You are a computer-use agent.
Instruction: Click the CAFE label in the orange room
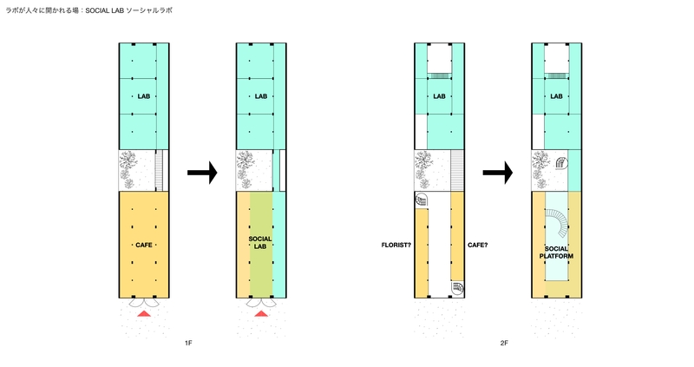pyautogui.click(x=144, y=245)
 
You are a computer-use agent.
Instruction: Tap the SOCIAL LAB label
pyautogui.click(x=260, y=242)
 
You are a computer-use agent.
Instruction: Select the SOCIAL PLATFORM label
pyautogui.click(x=556, y=252)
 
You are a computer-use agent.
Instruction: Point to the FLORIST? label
pyautogui.click(x=396, y=245)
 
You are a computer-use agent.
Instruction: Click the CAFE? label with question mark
pyautogui.click(x=478, y=245)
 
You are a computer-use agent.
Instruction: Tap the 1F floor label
pyautogui.click(x=188, y=343)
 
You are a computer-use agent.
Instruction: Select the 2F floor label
pyautogui.click(x=504, y=343)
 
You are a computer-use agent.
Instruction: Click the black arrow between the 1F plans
pyautogui.click(x=202, y=172)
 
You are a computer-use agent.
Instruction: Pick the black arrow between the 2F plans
pyautogui.click(x=497, y=172)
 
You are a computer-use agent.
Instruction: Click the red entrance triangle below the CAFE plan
pyautogui.click(x=144, y=314)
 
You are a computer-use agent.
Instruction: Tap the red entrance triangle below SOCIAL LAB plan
pyautogui.click(x=261, y=314)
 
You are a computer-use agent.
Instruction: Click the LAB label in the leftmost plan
pyautogui.click(x=144, y=96)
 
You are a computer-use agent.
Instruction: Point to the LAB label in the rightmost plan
pyautogui.click(x=556, y=96)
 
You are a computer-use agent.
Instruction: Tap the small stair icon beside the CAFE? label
pyautogui.click(x=458, y=288)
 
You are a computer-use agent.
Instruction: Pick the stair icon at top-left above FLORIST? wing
pyautogui.click(x=422, y=200)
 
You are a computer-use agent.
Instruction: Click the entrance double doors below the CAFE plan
pyautogui.click(x=144, y=303)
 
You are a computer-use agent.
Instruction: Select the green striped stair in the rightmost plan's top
pyautogui.click(x=556, y=76)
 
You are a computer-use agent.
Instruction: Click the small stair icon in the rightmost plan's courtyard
pyautogui.click(x=561, y=163)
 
